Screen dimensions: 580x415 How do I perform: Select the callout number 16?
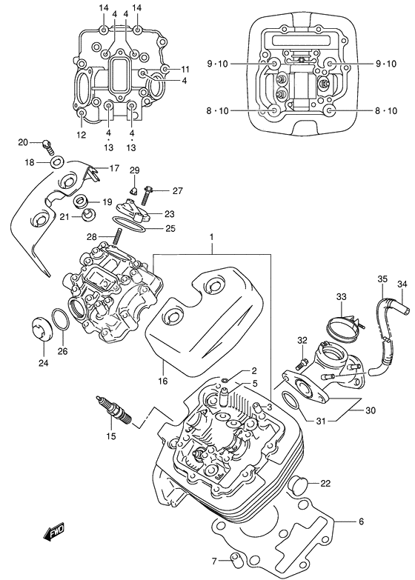[x=162, y=381]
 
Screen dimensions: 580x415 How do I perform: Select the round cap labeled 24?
[x=44, y=330]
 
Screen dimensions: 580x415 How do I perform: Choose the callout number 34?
[x=402, y=284]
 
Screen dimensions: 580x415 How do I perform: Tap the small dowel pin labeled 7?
[x=236, y=559]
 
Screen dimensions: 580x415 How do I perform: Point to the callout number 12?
[x=81, y=135]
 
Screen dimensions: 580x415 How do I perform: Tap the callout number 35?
[x=382, y=279]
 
